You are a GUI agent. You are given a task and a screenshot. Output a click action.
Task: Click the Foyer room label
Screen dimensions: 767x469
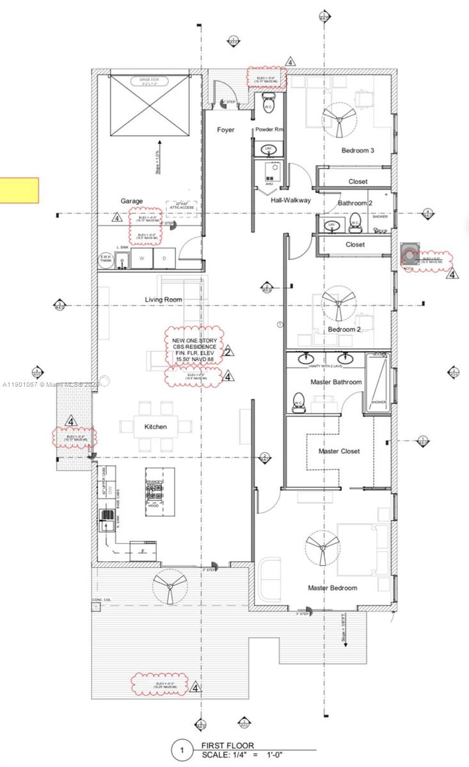point(225,130)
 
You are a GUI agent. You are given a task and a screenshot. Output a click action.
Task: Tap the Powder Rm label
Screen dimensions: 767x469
point(269,130)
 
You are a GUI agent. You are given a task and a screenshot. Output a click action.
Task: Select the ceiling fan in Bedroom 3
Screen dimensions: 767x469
point(338,117)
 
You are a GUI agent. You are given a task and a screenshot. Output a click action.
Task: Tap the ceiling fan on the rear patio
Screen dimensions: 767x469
point(170,585)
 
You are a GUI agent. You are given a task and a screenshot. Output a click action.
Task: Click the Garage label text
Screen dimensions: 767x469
point(132,201)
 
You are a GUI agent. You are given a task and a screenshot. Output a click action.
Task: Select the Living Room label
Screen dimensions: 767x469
point(163,299)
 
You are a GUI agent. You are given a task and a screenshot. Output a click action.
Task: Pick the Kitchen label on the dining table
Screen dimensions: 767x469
point(155,426)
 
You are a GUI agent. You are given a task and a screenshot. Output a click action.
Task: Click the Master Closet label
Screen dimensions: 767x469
point(339,451)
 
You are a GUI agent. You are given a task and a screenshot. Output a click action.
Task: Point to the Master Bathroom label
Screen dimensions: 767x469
point(336,382)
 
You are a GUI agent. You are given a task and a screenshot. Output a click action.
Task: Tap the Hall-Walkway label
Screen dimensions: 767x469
point(290,200)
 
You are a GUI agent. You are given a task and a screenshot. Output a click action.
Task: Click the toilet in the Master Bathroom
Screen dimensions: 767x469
point(298,402)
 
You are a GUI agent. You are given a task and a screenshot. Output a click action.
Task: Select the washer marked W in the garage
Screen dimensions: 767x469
point(143,258)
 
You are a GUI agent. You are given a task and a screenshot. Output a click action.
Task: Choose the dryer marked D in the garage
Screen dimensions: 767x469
point(164,258)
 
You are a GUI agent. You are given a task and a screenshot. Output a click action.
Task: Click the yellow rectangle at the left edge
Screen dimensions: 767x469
point(19,190)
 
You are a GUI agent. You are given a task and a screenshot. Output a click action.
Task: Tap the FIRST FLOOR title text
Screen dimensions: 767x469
point(228,745)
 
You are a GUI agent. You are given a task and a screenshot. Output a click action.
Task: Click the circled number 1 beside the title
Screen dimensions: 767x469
point(182,750)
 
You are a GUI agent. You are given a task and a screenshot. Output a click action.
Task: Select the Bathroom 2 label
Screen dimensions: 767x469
point(355,203)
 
